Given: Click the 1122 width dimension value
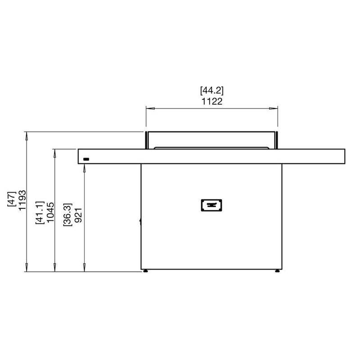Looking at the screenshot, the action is pos(212,101).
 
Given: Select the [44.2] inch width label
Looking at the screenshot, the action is pos(212,90).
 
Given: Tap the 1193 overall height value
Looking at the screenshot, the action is pos(22,200).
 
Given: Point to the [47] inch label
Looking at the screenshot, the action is pos(12,199).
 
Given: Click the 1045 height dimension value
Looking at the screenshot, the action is pos(50,212).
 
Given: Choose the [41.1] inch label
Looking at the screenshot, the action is pos(40,212).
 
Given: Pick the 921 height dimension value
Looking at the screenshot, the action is pos(78,215).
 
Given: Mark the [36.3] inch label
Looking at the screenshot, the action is pos(67,215).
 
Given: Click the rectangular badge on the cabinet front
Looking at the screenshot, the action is pos(211,205).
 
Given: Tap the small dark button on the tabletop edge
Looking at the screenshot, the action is pos(86,159).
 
